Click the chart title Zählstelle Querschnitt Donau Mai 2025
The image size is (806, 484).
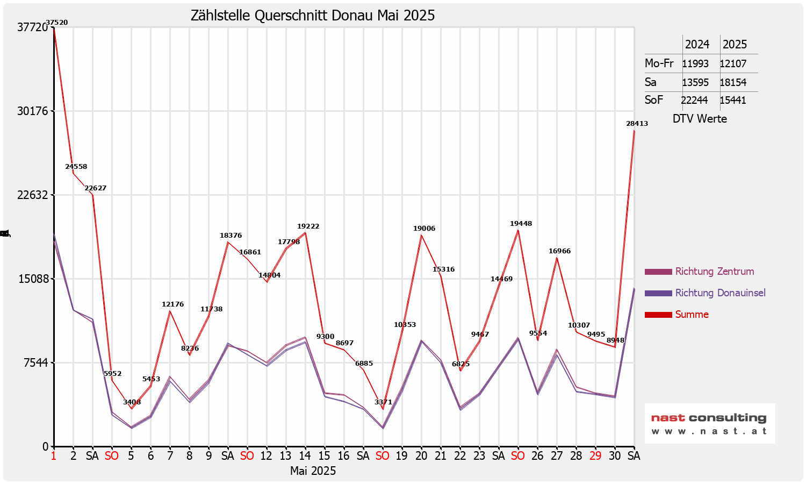click(313, 16)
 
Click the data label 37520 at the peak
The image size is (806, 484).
click(57, 23)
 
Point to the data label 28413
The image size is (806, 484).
click(637, 124)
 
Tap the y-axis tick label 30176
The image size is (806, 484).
click(33, 111)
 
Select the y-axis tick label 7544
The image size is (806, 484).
click(36, 363)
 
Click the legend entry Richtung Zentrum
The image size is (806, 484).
click(714, 272)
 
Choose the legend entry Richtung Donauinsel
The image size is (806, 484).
click(720, 293)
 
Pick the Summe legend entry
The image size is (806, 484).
click(692, 315)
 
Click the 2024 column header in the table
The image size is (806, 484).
click(697, 45)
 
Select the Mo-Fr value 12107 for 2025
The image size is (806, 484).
click(733, 63)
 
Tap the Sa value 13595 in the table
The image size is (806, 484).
click(695, 82)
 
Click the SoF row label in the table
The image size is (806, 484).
click(654, 100)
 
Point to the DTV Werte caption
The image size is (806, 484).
click(700, 119)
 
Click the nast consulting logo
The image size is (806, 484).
click(709, 423)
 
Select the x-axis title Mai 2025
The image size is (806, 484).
click(313, 471)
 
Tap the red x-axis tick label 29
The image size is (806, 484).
click(595, 456)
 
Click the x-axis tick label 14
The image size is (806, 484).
click(305, 456)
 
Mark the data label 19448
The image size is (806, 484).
click(521, 224)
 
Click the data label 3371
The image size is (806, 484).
click(383, 402)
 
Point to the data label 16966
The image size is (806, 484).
click(559, 251)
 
